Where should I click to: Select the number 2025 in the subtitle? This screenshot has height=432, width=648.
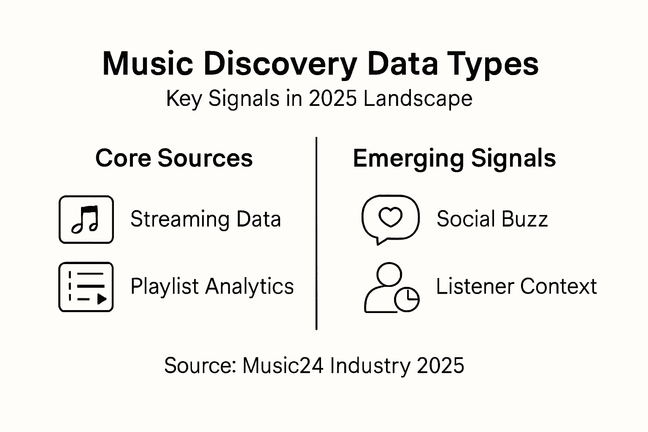tap(333, 99)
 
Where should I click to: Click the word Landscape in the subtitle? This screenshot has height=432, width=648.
tap(418, 99)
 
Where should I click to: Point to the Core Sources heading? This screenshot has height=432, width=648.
tap(174, 158)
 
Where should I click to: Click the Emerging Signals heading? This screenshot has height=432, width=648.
tap(454, 158)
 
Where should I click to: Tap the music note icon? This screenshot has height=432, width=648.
tap(86, 219)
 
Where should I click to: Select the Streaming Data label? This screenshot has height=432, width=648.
tap(205, 219)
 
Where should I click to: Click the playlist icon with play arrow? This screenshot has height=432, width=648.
tap(86, 287)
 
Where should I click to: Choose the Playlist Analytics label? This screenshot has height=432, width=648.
tap(212, 286)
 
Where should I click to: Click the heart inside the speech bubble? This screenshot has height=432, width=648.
tap(390, 217)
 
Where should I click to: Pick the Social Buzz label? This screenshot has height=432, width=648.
tap(492, 219)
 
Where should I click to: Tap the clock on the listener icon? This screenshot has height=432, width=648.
tap(407, 300)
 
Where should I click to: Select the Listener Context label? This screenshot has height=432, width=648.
tap(516, 286)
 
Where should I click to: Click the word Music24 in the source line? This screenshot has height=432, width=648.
tap(283, 365)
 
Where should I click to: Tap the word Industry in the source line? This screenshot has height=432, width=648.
tap(370, 365)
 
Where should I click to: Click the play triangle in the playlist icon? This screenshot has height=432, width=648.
tap(102, 299)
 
